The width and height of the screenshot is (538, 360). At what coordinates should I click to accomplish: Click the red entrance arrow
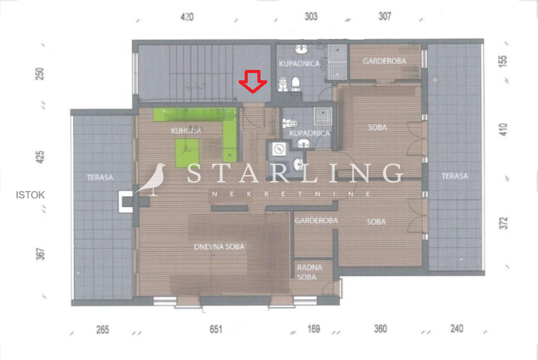[x=253, y=81]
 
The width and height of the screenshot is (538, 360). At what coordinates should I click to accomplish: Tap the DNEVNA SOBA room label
[x=219, y=247]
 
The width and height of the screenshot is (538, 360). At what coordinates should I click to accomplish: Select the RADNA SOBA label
[x=310, y=272]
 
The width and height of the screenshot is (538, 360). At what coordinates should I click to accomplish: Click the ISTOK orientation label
[x=30, y=195]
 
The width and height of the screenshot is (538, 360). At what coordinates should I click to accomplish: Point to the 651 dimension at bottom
[x=215, y=330]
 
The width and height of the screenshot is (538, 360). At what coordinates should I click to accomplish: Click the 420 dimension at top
[x=187, y=17]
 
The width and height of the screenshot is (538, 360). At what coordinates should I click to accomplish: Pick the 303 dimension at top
[x=311, y=17]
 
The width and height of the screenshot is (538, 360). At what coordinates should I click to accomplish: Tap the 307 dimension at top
[x=385, y=17]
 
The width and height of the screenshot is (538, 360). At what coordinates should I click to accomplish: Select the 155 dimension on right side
[x=503, y=61]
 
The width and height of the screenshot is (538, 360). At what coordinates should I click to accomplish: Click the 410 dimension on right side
[x=503, y=129]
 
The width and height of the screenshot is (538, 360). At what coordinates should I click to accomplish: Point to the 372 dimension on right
[x=503, y=223]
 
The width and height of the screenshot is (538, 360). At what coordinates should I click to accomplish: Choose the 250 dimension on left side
[x=40, y=74]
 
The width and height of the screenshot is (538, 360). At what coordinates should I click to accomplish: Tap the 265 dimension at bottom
[x=102, y=330]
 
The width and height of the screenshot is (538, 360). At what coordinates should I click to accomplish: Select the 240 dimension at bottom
[x=456, y=329]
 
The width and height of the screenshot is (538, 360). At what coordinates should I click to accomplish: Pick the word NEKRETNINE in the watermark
[x=292, y=194]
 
